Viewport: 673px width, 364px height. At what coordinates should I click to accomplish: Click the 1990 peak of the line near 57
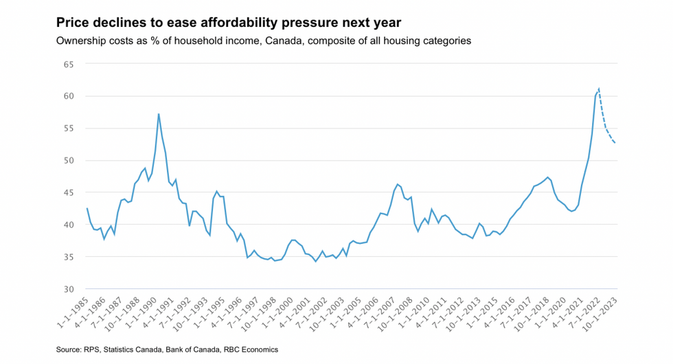159,114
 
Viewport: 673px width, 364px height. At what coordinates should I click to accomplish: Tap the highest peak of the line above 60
599,89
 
